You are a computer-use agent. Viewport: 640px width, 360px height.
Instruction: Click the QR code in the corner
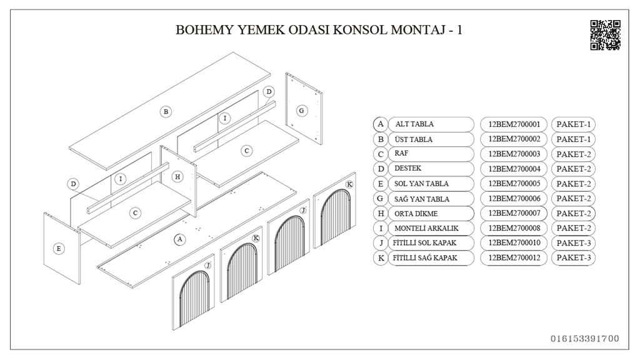pyautogui.click(x=605, y=35)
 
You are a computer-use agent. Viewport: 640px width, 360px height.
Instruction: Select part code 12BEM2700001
pyautogui.click(x=514, y=124)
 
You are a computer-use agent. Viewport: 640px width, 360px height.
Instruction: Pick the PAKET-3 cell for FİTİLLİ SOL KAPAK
pyautogui.click(x=573, y=242)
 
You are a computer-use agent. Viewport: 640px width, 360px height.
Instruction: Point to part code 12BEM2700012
pyautogui.click(x=514, y=257)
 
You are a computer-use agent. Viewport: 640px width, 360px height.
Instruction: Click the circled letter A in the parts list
pyautogui.click(x=380, y=124)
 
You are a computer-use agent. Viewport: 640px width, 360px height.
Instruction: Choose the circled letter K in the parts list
pyautogui.click(x=380, y=257)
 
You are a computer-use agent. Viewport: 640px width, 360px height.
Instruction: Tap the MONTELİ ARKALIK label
pyautogui.click(x=426, y=228)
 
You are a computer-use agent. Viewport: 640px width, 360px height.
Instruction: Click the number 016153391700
pyautogui.click(x=585, y=339)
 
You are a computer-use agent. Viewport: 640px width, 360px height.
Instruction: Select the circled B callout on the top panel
pyautogui.click(x=166, y=112)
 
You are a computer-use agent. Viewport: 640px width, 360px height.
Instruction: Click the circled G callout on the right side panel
pyautogui.click(x=301, y=111)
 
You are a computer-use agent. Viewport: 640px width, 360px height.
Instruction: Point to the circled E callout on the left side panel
pyautogui.click(x=59, y=248)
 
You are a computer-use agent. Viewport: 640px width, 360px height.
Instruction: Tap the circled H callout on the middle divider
pyautogui.click(x=177, y=177)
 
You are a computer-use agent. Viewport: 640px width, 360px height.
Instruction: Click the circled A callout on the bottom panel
pyautogui.click(x=179, y=239)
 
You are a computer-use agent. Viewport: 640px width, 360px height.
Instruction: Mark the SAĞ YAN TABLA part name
pyautogui.click(x=422, y=199)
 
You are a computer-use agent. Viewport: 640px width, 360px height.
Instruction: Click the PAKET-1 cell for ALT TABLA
pyautogui.click(x=573, y=124)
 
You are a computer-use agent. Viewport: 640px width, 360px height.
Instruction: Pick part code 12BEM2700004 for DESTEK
pyautogui.click(x=514, y=169)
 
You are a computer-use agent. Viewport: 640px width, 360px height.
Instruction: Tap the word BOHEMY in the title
pyautogui.click(x=201, y=30)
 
